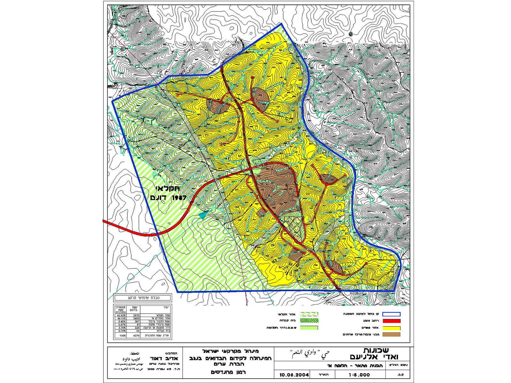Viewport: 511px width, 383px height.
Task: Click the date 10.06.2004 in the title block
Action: [x=294, y=375]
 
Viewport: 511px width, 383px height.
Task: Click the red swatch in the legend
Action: [x=391, y=321]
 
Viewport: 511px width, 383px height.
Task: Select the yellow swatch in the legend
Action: [x=391, y=328]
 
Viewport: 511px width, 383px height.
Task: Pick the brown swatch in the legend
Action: [x=391, y=334]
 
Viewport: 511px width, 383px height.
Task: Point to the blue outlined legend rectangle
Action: [x=391, y=314]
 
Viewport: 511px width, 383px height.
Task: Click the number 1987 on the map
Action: [x=179, y=198]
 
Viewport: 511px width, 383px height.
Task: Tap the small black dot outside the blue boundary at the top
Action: [x=351, y=34]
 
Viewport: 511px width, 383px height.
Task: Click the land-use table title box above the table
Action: [x=142, y=298]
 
